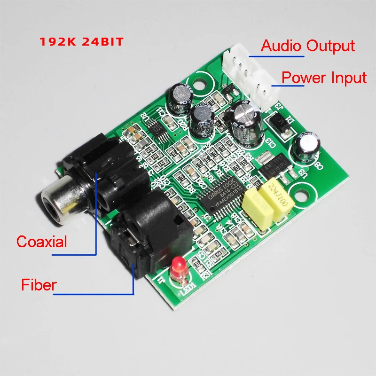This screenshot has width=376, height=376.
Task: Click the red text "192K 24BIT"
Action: (81, 42)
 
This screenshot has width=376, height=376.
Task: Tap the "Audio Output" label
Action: (308, 46)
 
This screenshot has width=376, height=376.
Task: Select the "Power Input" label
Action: (324, 78)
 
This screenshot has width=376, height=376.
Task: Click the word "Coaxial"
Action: (42, 242)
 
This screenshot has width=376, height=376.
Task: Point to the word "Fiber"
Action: (39, 284)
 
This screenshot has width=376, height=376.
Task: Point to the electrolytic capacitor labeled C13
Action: (246, 121)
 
